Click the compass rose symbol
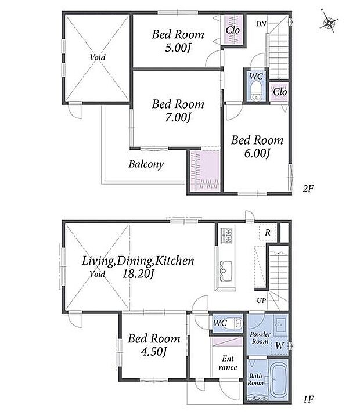[x=329, y=21]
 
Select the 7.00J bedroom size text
[x=178, y=117]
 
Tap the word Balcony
[x=146, y=164]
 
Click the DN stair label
[x=261, y=24]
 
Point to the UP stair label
[x=261, y=301]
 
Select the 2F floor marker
[x=308, y=189]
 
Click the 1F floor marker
[x=309, y=399]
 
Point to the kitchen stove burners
[x=226, y=235]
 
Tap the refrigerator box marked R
[x=268, y=233]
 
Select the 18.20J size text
[x=138, y=274]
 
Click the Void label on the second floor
[x=98, y=57]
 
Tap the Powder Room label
[x=260, y=338]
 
